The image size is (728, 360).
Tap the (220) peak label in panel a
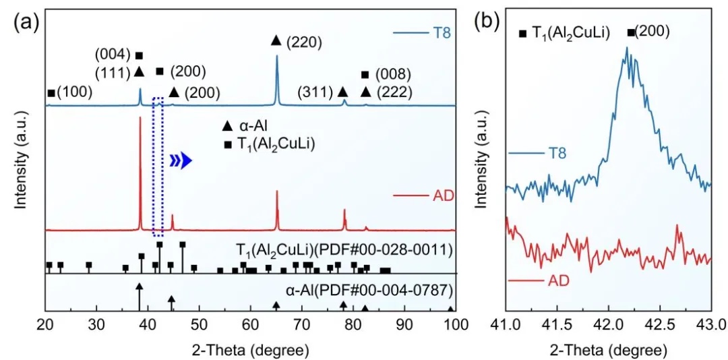click(304, 42)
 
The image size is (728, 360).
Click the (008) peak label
click(396, 74)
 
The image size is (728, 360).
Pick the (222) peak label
click(396, 92)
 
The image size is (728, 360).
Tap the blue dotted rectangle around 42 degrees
click(158, 167)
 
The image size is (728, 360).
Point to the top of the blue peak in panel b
click(627, 49)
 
